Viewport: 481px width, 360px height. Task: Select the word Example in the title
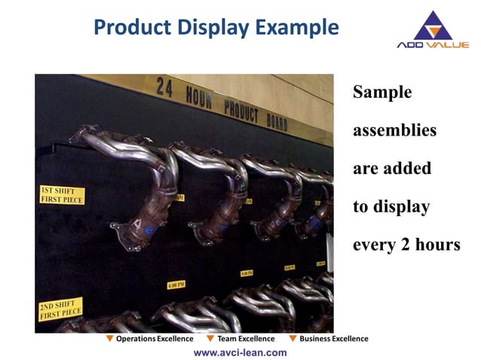coord(297,28)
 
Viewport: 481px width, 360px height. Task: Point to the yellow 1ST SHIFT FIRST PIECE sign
coord(61,195)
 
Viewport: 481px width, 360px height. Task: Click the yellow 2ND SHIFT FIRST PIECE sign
coord(60,309)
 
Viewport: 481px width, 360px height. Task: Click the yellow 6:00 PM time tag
coord(176,285)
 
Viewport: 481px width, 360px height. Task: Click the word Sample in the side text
coord(382,93)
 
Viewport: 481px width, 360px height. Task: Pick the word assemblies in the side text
coord(394,130)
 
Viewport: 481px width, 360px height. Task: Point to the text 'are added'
coord(391,169)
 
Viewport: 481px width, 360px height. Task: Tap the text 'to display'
coord(391,207)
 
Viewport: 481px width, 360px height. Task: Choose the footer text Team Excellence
coord(246,339)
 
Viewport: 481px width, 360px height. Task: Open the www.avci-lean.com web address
coord(240,352)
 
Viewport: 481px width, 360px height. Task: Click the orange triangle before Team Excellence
coord(210,339)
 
